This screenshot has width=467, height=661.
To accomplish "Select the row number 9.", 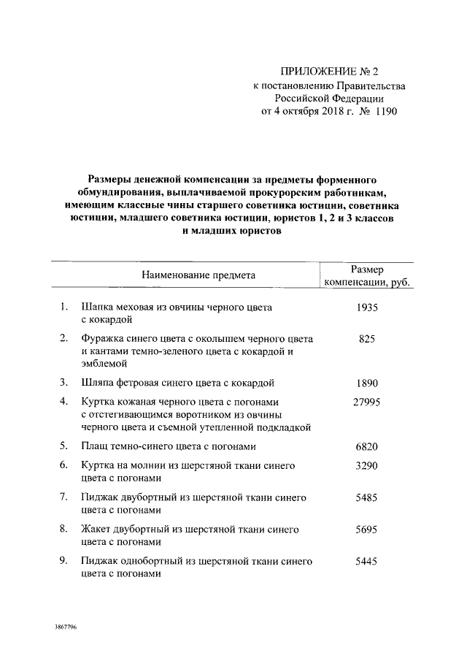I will coord(64,562).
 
